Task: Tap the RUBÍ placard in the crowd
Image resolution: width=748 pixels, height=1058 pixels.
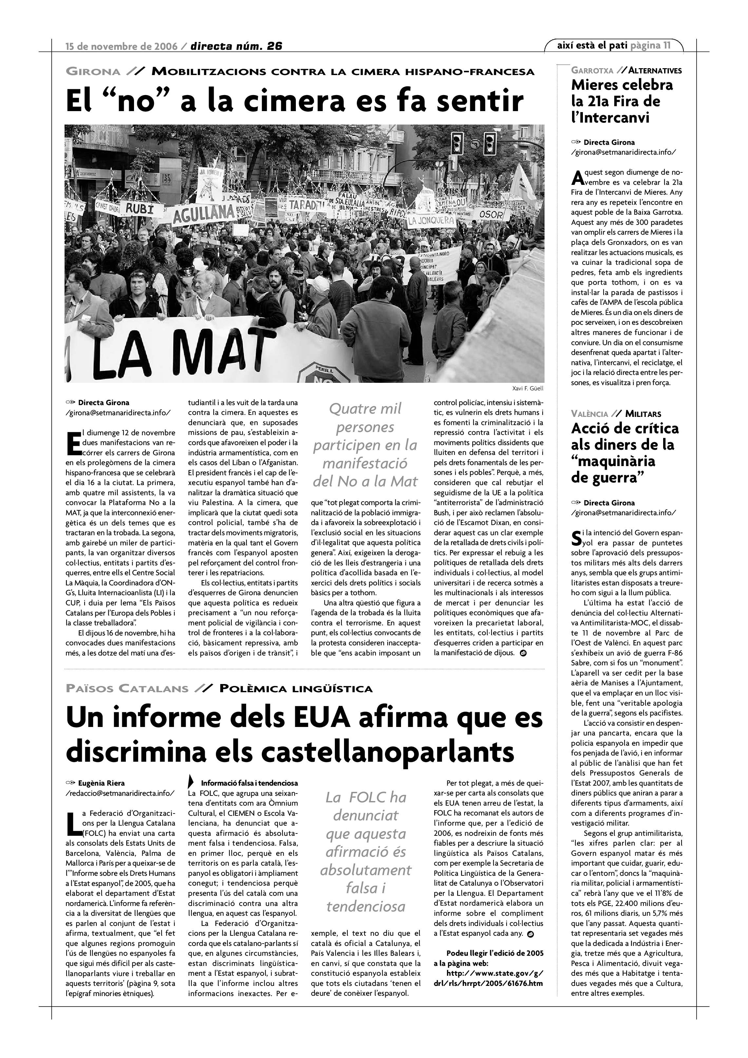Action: click(x=138, y=209)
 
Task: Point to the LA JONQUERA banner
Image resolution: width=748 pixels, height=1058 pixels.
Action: click(x=430, y=221)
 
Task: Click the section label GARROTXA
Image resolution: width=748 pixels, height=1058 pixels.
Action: click(x=592, y=71)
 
